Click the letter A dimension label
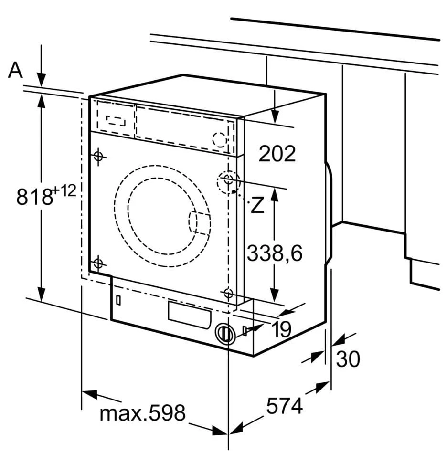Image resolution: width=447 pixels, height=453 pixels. coord(16,70)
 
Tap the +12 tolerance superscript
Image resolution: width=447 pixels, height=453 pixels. coord(64,191)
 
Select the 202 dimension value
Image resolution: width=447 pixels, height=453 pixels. coord(277,154)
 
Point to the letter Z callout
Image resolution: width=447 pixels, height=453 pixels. coord(257,205)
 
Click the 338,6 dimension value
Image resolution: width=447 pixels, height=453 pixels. coord(275,253)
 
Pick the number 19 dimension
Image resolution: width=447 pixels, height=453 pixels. coord(283,329)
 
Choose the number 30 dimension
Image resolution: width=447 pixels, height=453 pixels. coord(348,358)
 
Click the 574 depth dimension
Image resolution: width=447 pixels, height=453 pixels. coord(285,407)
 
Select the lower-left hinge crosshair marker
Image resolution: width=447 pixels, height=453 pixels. coord(98,263)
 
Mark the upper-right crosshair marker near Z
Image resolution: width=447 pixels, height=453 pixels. coord(228,180)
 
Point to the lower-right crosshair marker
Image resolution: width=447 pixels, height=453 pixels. coord(228,293)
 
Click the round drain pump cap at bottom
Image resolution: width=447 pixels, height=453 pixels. coord(224,333)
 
